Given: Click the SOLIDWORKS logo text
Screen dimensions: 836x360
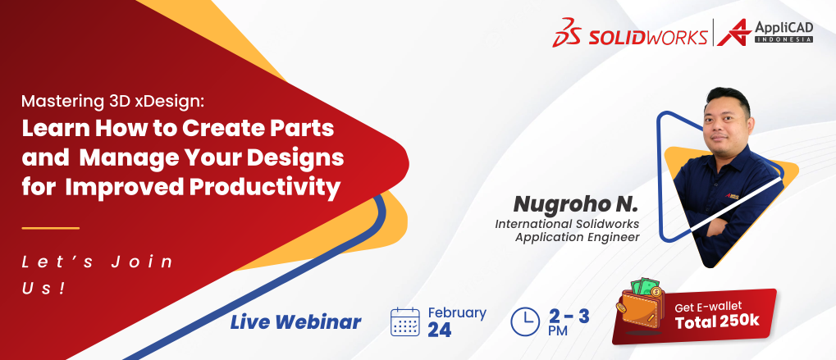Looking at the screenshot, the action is click(648, 37).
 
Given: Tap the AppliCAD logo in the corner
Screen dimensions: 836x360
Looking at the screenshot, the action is click(765, 32).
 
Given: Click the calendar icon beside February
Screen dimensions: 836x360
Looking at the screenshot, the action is click(404, 321).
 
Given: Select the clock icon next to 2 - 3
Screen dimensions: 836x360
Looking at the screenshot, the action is click(525, 321).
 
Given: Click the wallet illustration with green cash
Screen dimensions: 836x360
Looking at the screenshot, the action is click(640, 307).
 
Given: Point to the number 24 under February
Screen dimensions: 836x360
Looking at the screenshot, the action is click(439, 330).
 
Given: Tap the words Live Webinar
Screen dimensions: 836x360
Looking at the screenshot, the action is click(295, 321).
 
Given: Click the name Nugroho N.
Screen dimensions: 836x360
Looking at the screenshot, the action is click(575, 203).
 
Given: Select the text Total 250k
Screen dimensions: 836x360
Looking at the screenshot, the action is click(717, 322).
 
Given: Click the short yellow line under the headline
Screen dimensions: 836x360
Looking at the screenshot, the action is click(51, 228).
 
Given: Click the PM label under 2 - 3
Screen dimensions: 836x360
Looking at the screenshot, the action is click(558, 330).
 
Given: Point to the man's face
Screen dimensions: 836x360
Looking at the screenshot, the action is click(726, 121).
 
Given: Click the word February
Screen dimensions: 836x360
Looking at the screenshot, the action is click(457, 312).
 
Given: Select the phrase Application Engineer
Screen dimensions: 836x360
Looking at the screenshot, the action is click(577, 237).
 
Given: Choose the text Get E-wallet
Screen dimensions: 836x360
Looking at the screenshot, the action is click(708, 308).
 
